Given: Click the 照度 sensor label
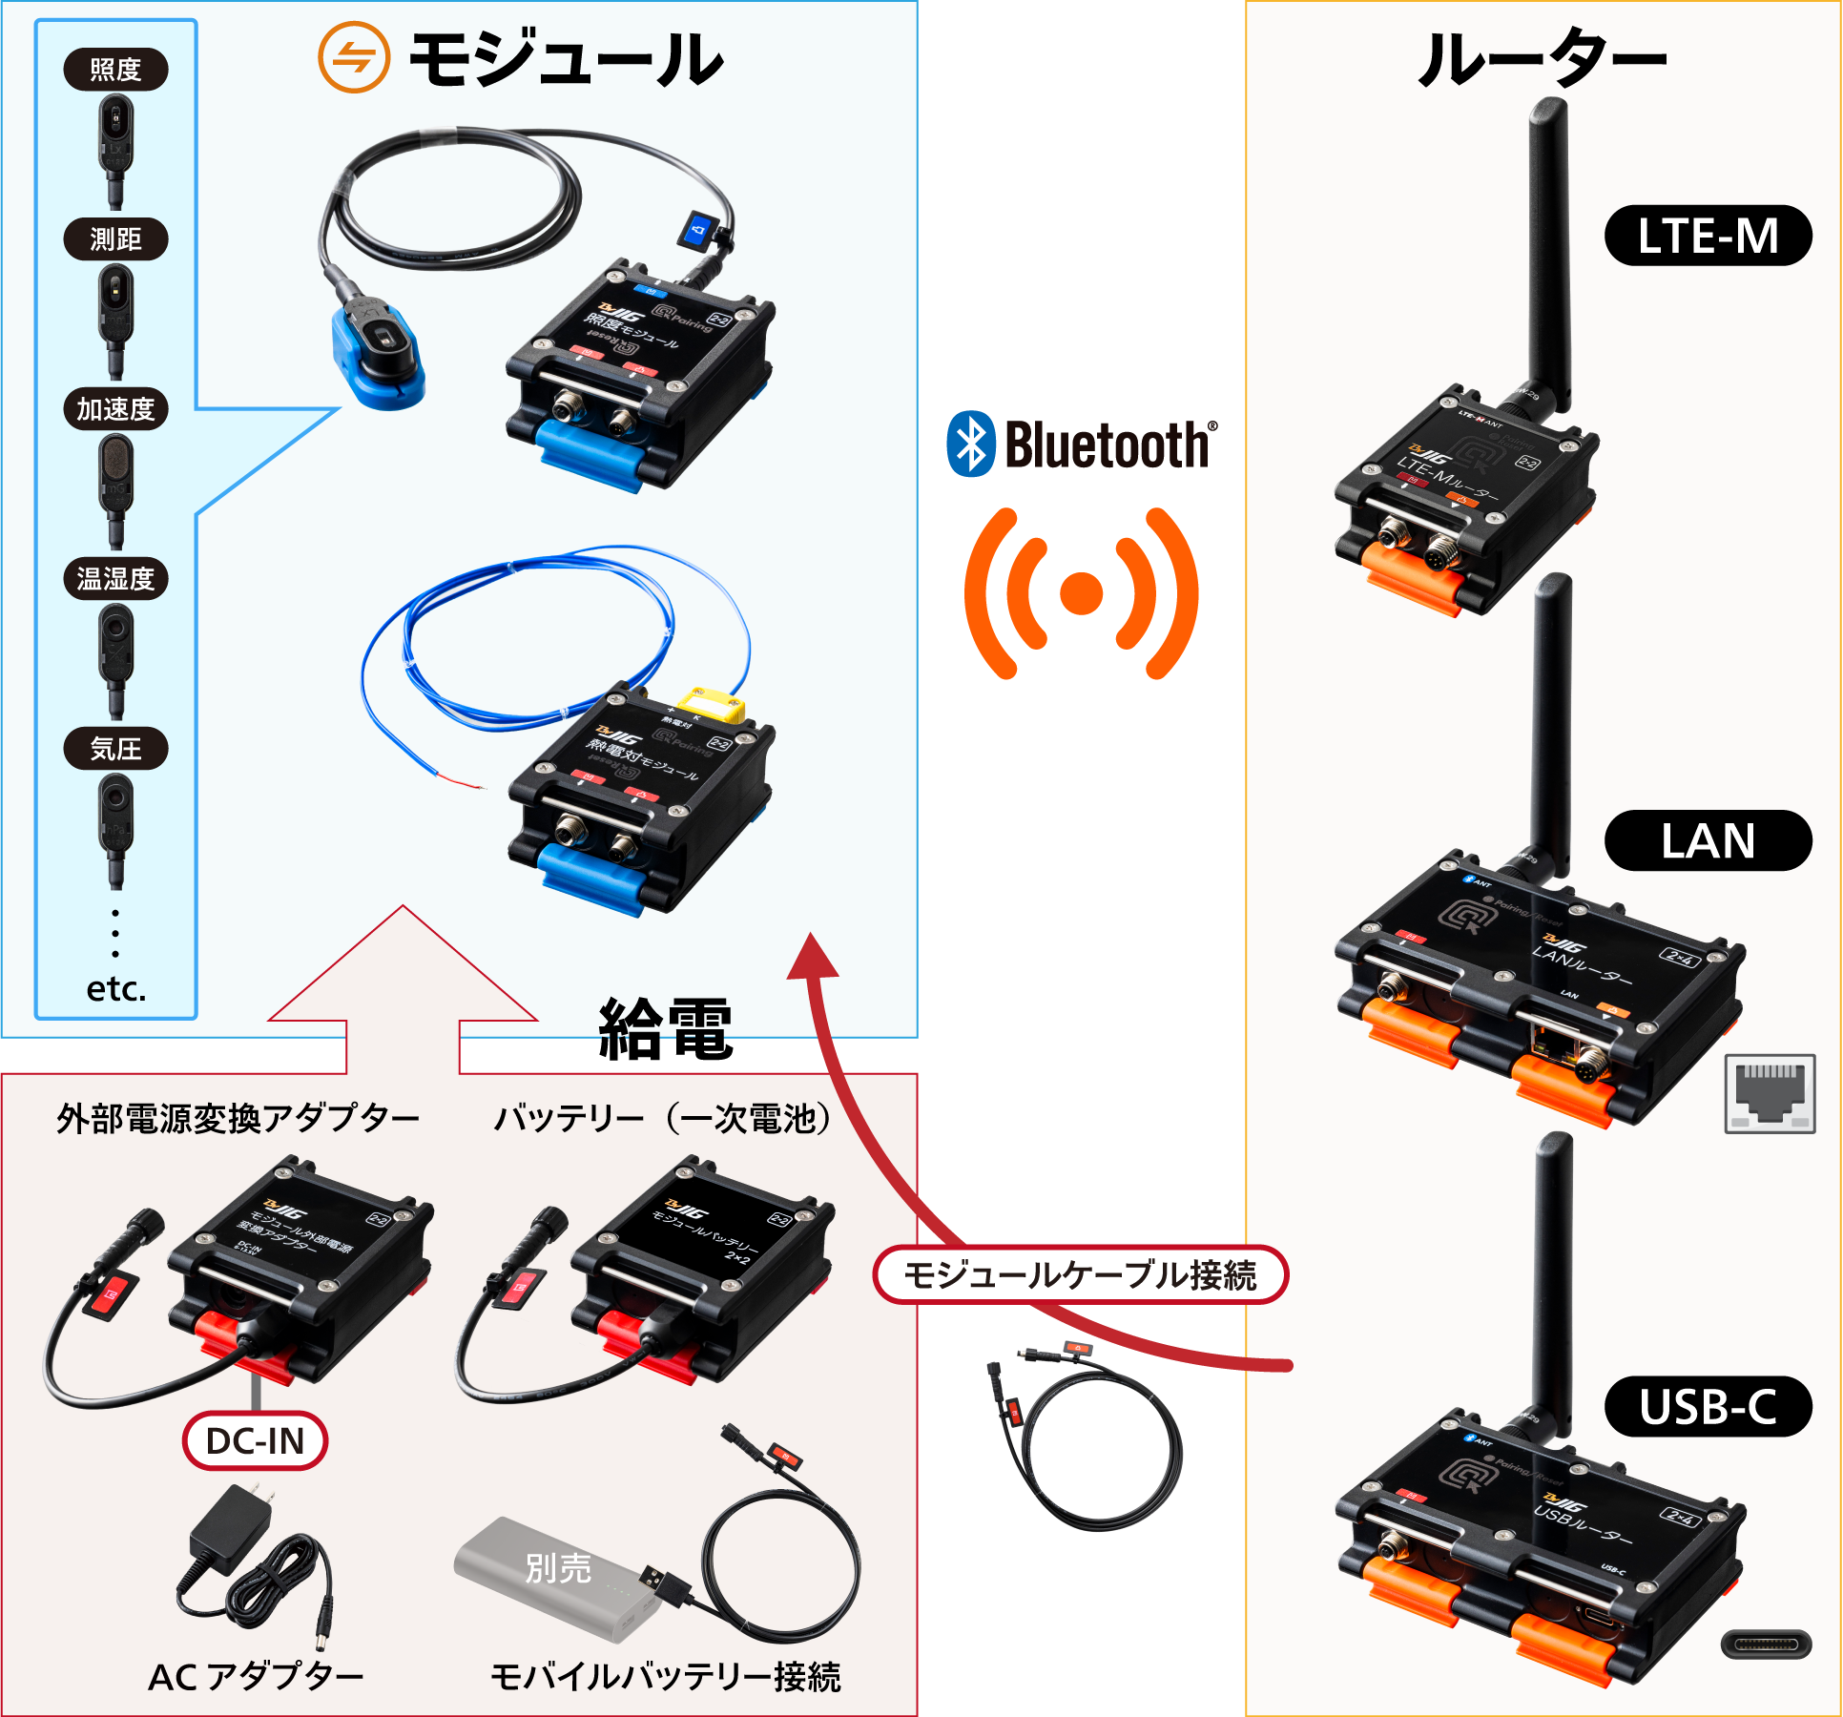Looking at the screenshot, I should point(115,70).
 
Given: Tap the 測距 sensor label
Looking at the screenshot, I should point(115,239).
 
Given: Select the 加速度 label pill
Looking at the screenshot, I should point(115,409).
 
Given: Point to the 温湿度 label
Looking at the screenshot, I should point(115,579).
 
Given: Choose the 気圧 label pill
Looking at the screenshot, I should point(115,749).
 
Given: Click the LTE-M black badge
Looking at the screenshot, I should point(1708,236).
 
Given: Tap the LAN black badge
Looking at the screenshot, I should point(1708,840).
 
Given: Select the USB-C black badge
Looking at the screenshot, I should point(1708,1407).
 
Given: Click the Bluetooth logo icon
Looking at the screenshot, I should point(971,445).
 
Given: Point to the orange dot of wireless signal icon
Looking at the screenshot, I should point(1081,592).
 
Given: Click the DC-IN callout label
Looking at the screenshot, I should point(255,1440).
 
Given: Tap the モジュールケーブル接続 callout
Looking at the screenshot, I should point(1080,1275).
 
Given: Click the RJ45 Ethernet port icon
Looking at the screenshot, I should point(1770,1094).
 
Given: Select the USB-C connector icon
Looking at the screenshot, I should point(1766,1644).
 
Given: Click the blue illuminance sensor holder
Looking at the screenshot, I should point(377,358).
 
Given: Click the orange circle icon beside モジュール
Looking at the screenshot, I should point(354,58).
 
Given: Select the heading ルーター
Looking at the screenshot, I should point(1543,58).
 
